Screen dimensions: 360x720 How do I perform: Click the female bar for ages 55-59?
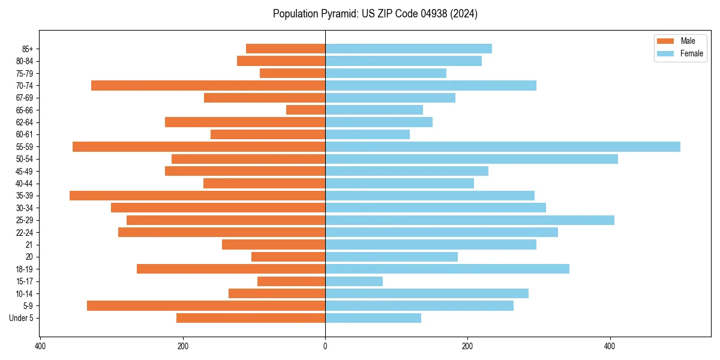click(x=503, y=146)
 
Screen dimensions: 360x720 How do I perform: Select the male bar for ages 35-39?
click(x=197, y=196)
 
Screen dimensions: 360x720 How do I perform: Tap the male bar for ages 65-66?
click(x=306, y=110)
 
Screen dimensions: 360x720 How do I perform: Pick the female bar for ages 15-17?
click(x=354, y=281)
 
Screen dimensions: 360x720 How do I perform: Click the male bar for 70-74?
click(x=208, y=85)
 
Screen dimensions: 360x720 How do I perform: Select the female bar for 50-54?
click(x=472, y=159)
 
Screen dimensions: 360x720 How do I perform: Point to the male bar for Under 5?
click(x=251, y=318)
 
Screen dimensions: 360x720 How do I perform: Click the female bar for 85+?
click(x=409, y=49)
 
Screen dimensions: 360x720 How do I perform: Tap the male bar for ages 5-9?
click(x=206, y=305)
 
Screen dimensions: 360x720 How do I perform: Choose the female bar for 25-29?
click(x=470, y=220)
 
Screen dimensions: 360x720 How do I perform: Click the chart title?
click(x=375, y=14)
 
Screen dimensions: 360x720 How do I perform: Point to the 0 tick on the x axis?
click(x=325, y=346)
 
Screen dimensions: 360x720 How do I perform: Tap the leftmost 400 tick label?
click(x=41, y=346)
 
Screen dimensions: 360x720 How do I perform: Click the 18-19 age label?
click(x=25, y=269)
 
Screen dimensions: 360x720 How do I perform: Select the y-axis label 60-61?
click(x=25, y=134)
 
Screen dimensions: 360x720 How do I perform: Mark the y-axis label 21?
click(x=29, y=245)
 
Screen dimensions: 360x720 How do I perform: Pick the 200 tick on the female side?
click(x=467, y=346)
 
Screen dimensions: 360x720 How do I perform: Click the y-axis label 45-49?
click(x=25, y=171)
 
